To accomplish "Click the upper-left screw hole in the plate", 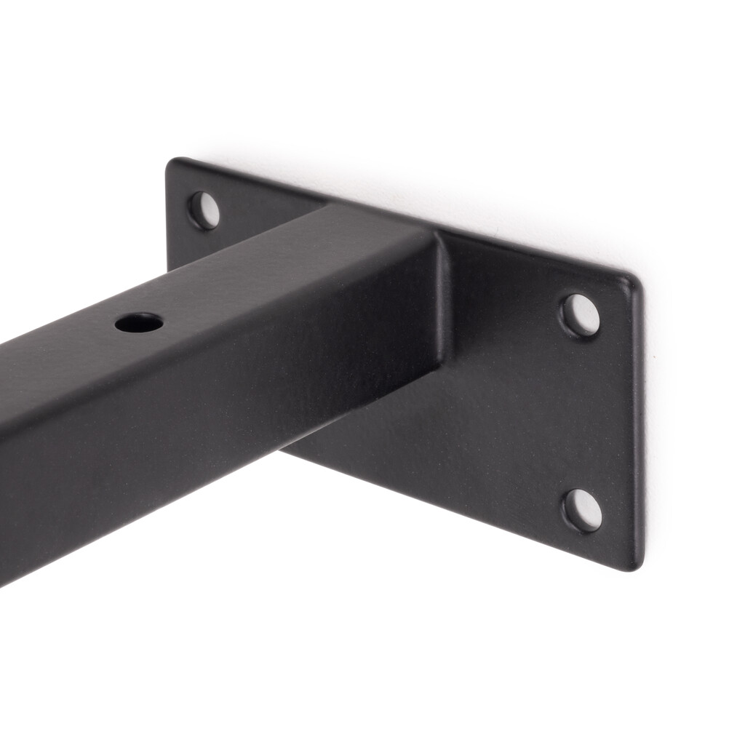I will (204, 211).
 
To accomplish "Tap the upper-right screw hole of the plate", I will (581, 316).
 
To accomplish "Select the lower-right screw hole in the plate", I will (583, 510).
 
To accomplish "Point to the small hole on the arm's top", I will (139, 323).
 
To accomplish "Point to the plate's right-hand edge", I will (640, 422).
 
